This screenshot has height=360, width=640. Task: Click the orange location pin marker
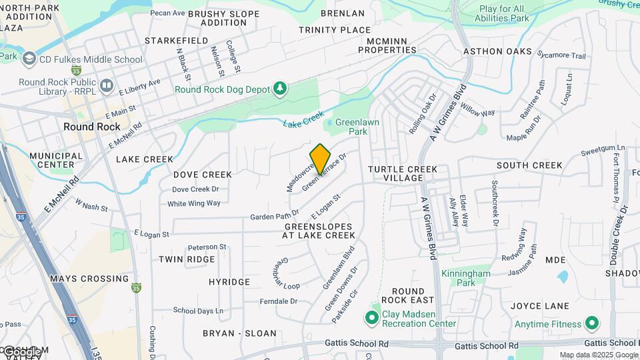(321, 159)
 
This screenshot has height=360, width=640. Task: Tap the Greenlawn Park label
(351, 127)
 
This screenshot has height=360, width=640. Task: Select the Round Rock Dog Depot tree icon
(281, 89)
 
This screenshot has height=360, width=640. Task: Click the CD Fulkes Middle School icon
(29, 59)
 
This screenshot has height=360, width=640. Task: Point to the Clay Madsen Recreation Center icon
(372, 318)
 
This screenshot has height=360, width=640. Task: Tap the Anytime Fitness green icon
(591, 324)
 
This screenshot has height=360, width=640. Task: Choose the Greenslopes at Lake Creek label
(318, 231)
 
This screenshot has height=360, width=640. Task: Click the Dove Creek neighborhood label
(203, 175)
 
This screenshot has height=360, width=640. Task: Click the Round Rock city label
(92, 127)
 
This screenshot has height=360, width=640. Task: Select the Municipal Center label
(56, 160)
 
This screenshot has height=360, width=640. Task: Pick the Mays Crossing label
(89, 279)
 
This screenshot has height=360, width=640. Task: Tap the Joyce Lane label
(540, 306)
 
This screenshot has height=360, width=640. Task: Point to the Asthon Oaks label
(498, 51)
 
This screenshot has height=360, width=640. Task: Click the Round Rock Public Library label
(57, 87)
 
